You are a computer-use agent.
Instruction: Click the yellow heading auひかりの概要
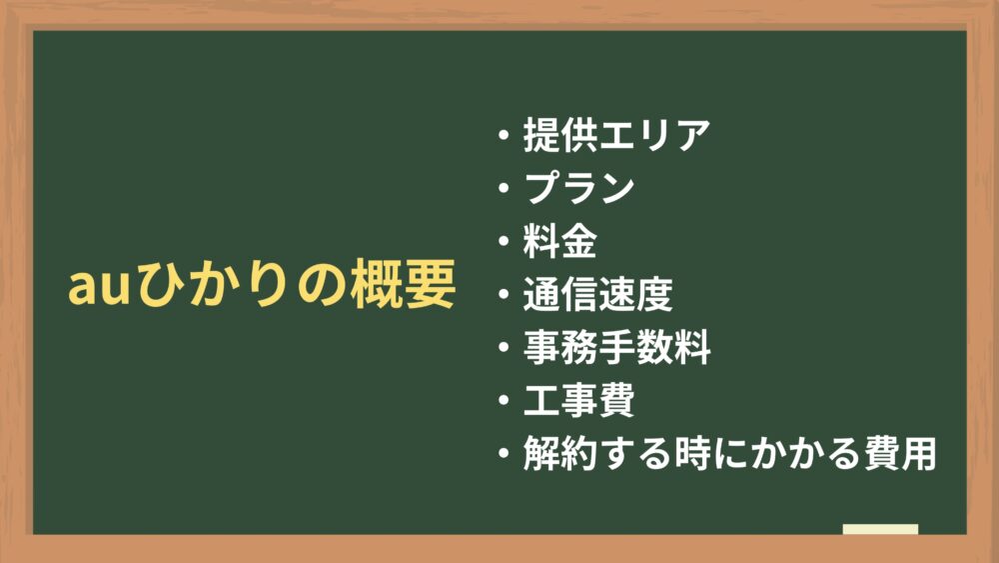(x=262, y=284)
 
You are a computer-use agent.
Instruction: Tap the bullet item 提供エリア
(x=616, y=135)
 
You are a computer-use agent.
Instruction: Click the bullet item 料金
(x=560, y=241)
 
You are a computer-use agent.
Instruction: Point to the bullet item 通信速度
(x=597, y=294)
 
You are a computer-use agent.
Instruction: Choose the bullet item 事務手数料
(x=616, y=347)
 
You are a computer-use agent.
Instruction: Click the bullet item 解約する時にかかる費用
(x=729, y=453)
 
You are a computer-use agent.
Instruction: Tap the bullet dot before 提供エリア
(x=503, y=135)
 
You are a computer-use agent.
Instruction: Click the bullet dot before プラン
(x=503, y=188)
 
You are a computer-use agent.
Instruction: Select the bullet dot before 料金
(x=503, y=241)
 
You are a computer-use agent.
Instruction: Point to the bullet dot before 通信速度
(x=503, y=294)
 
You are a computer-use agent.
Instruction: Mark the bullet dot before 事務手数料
(x=503, y=347)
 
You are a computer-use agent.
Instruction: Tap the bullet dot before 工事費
(x=503, y=400)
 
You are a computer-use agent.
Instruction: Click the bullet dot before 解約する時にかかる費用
(x=503, y=453)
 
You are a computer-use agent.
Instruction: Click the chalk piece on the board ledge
(x=880, y=529)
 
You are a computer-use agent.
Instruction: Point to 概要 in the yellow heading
(x=403, y=284)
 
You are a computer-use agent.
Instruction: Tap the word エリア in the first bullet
(x=654, y=135)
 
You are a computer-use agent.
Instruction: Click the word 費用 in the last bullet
(x=899, y=453)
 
